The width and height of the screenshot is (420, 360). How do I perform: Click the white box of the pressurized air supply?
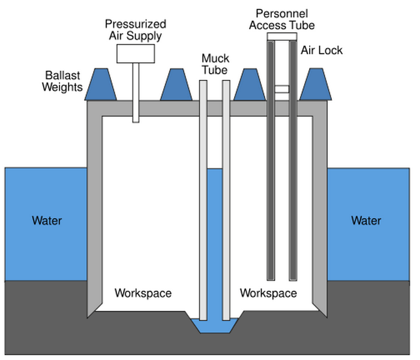pyautogui.click(x=136, y=53)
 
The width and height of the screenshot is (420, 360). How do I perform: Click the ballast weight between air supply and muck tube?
pyautogui.click(x=176, y=84)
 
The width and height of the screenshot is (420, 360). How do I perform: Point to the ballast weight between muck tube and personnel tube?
pyautogui.click(x=250, y=84)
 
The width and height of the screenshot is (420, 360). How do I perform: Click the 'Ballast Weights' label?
pyautogui.click(x=63, y=82)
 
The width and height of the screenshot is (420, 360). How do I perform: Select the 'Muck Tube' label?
pyautogui.click(x=214, y=64)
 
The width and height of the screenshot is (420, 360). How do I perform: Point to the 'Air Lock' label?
pyautogui.click(x=322, y=50)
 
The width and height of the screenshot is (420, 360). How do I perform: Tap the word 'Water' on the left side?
pyautogui.click(x=47, y=221)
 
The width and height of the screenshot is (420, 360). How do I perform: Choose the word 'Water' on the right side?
pyautogui.click(x=366, y=221)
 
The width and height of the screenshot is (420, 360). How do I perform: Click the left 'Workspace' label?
pyautogui.click(x=143, y=293)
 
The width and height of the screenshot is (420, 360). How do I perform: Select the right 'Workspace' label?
pyautogui.click(x=268, y=293)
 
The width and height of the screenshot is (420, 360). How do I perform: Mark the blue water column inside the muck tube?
pyautogui.click(x=214, y=240)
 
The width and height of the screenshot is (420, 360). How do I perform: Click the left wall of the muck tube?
pyautogui.click(x=203, y=198)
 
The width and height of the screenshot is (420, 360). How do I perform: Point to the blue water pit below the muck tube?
pyautogui.click(x=214, y=328)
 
